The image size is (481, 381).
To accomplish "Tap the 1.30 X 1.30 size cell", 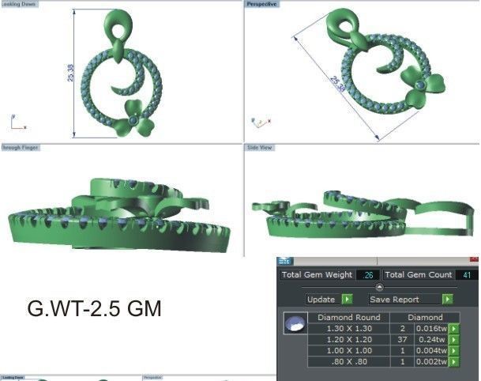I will (x=348, y=328).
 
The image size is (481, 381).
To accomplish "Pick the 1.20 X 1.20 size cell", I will (x=348, y=339).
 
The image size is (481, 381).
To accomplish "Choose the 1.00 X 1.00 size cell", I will (x=348, y=350).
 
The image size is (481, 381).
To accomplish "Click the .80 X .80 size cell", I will (x=348, y=361).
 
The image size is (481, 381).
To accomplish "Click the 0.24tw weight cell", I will (x=434, y=339).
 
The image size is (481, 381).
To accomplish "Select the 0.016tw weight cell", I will (x=432, y=328).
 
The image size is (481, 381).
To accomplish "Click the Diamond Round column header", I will (x=348, y=317).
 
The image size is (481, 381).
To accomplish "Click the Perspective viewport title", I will (x=261, y=4).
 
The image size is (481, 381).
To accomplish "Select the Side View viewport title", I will (x=260, y=148).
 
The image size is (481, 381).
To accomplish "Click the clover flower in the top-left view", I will (x=135, y=118).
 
